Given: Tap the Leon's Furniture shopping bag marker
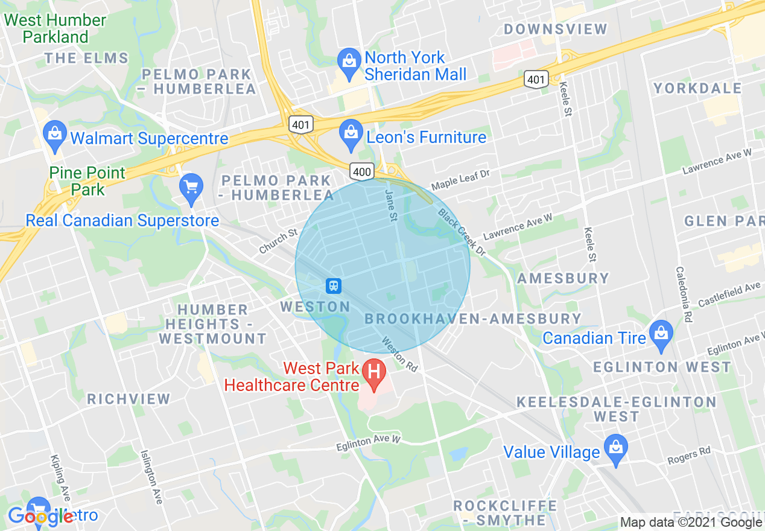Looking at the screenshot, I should (351, 135).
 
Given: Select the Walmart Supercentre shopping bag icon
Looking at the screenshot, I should (55, 136).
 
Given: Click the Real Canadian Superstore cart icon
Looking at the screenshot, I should (191, 188).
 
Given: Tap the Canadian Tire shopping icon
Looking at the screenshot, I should (662, 335).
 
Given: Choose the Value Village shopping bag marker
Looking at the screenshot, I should (616, 450).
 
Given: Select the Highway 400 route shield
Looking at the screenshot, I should (362, 172).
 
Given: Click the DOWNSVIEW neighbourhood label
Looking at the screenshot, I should (556, 29).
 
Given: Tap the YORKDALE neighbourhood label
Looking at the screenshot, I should (698, 88).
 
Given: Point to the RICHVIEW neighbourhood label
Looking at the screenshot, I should (129, 399).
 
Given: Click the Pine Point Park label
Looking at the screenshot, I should (87, 181).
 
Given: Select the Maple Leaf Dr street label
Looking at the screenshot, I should (460, 180).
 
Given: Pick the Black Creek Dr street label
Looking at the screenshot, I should (462, 232).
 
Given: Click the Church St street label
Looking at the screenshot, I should (278, 241).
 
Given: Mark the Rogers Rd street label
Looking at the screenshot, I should (689, 456).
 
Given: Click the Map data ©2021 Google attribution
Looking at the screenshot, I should (691, 523).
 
